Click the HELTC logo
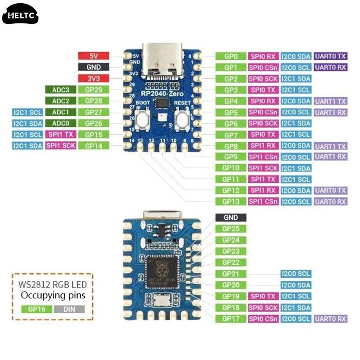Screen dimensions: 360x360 tap(21, 16)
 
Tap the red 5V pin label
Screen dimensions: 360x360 tap(94, 56)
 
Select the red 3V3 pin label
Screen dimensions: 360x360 tap(94, 78)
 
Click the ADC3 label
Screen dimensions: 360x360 tap(60, 90)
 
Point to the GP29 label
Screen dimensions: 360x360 tap(94, 90)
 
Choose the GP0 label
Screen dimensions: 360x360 tap(230, 56)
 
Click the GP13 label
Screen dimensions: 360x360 tap(230, 202)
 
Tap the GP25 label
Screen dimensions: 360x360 tap(230, 229)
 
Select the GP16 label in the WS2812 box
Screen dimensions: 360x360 tap(36, 309)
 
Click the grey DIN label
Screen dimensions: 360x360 tap(68, 309)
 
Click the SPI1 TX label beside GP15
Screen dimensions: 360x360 tap(60, 135)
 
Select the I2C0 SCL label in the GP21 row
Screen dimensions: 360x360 tap(296, 274)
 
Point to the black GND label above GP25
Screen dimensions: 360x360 tap(230, 217)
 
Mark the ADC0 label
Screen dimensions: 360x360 tap(60, 123)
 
